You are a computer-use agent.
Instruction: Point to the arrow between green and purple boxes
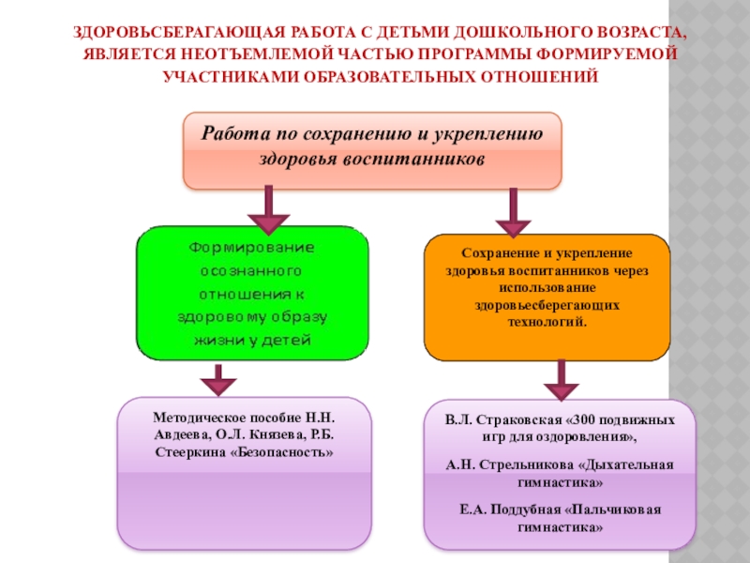tap(217, 379)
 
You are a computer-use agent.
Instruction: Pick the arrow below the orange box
tap(561, 380)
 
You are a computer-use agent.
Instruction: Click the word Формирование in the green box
tap(253, 249)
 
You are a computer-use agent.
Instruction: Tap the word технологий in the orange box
tap(547, 321)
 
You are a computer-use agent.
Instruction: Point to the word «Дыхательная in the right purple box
tap(623, 464)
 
